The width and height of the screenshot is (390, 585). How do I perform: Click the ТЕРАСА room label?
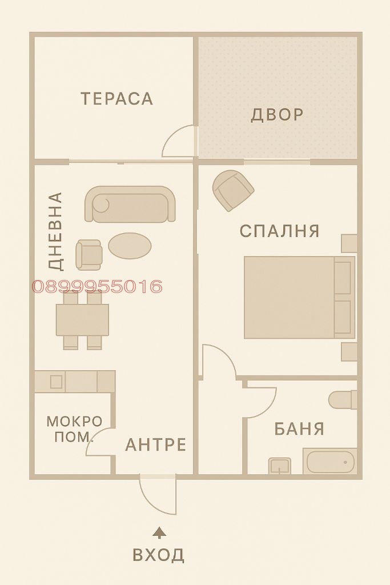[x=117, y=99]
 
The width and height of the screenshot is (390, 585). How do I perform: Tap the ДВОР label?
[x=277, y=114]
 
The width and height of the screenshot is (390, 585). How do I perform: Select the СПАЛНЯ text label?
[x=279, y=231]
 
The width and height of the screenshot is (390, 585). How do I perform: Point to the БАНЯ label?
[x=299, y=428]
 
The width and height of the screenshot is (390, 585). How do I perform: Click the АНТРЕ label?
[x=156, y=444]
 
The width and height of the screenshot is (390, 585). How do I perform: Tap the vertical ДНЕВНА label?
[x=55, y=231]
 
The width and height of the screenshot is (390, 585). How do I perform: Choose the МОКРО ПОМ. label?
[x=74, y=429]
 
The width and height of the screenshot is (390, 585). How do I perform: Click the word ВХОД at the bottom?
[x=159, y=554]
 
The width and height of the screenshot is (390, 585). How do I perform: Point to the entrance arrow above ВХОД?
[x=160, y=532]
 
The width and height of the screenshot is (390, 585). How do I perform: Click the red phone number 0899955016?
[x=97, y=286]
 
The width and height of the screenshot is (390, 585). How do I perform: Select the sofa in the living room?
[x=130, y=204]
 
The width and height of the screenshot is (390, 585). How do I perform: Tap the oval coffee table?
[x=130, y=246]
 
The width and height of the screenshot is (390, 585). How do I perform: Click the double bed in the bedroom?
[x=299, y=297]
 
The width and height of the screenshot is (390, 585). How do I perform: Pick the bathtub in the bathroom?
[x=331, y=462]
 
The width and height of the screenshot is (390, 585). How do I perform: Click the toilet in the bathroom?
[x=343, y=399]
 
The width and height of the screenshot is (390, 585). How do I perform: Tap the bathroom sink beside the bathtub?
[x=280, y=466]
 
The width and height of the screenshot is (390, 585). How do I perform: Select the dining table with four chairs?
[x=82, y=320]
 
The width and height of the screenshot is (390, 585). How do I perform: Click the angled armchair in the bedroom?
[x=233, y=190]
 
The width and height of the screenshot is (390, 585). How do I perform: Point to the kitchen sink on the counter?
[x=55, y=382]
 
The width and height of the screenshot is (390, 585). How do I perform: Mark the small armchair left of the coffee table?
[x=89, y=254]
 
